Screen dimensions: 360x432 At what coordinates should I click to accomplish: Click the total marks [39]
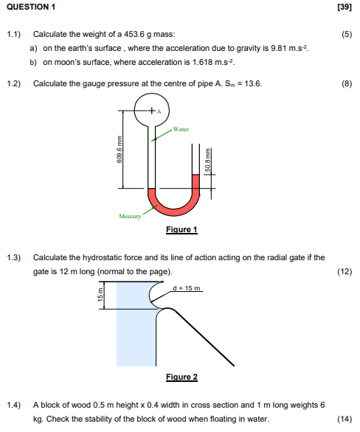click(x=344, y=7)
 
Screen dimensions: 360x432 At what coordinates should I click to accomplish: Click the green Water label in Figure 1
click(x=181, y=129)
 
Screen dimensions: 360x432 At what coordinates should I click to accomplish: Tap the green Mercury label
click(x=130, y=216)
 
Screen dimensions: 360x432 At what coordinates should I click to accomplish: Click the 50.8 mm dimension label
click(x=209, y=163)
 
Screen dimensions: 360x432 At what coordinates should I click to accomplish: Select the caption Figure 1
click(x=181, y=230)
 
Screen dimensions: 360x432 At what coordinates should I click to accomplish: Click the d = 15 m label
click(x=186, y=287)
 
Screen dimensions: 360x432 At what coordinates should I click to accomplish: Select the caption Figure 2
click(x=181, y=377)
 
